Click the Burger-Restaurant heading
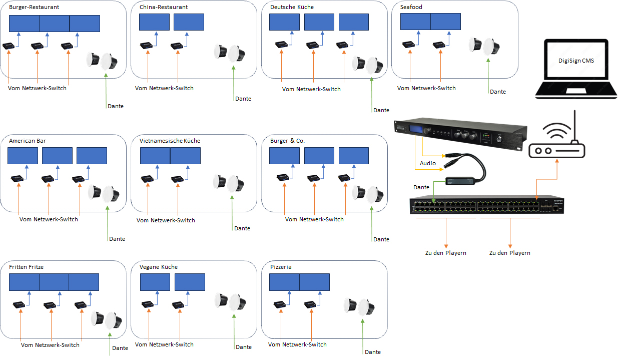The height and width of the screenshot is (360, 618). coord(34,8)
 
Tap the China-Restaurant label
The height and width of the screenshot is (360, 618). coord(164,8)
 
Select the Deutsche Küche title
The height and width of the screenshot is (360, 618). coord(292,8)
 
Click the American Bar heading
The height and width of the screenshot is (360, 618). coord(28,141)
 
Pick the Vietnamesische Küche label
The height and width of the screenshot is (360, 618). coord(170,141)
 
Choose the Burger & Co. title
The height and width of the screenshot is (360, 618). coord(287,141)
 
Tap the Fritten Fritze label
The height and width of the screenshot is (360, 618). coord(27,267)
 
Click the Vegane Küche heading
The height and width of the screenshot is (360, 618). coord(159,267)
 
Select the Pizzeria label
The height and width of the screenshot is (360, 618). coord(281,267)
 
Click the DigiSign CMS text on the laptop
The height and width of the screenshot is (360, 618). coord(576,61)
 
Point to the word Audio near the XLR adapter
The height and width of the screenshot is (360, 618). coord(428,163)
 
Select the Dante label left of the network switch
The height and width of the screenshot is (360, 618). coord(421,187)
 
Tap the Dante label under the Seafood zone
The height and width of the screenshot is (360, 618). coord(498,92)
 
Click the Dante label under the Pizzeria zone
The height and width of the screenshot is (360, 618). coord(373,352)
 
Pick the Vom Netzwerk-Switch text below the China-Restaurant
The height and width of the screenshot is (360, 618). coord(164,88)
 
